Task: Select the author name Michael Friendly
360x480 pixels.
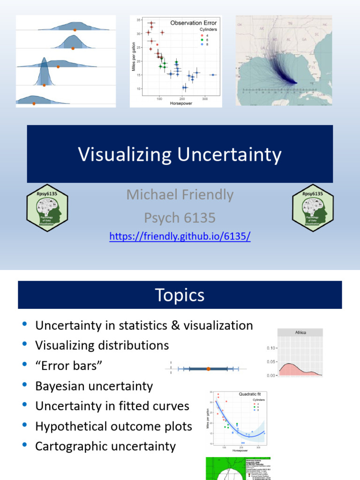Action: (x=180, y=195)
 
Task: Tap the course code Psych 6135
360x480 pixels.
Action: (x=180, y=217)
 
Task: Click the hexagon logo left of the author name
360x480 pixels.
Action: (x=47, y=209)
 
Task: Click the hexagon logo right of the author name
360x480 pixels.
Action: (x=313, y=209)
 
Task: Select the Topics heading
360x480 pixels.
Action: (x=180, y=295)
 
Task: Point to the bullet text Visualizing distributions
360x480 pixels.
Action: (x=102, y=345)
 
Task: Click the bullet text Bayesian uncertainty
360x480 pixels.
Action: (x=94, y=386)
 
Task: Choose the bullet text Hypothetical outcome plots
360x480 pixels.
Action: (x=113, y=426)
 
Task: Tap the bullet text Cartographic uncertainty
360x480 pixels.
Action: (x=105, y=446)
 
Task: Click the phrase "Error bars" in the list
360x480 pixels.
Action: (x=69, y=366)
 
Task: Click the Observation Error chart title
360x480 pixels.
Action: (x=193, y=22)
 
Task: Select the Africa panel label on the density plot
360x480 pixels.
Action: (x=300, y=332)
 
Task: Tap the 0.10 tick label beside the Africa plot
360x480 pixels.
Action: (x=271, y=348)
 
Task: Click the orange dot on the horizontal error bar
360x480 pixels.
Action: (x=208, y=369)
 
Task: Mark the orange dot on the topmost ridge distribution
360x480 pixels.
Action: (x=75, y=30)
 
